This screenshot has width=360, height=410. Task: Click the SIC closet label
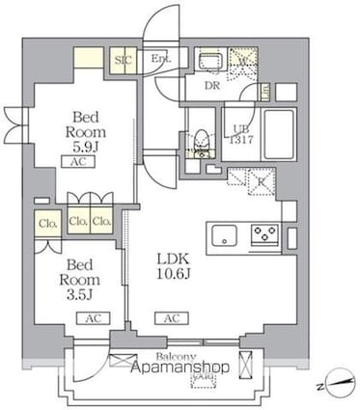[124, 60]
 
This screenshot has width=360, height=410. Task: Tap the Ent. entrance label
[161, 59]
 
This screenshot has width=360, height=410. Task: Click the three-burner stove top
[265, 233]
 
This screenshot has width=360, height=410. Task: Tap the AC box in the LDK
[171, 317]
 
